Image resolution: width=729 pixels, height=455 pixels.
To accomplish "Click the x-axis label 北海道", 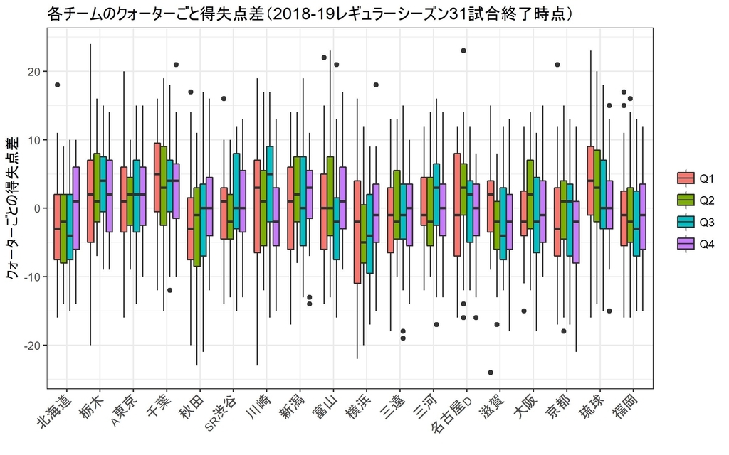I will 60,408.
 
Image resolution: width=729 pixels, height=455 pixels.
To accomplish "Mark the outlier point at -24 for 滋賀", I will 491,372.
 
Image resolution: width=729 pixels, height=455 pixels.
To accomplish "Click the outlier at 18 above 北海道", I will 57,85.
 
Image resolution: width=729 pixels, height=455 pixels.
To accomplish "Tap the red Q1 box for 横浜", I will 357,232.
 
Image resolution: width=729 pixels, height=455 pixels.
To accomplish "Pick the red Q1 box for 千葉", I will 157,177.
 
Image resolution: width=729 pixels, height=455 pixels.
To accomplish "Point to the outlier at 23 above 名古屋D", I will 463,51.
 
